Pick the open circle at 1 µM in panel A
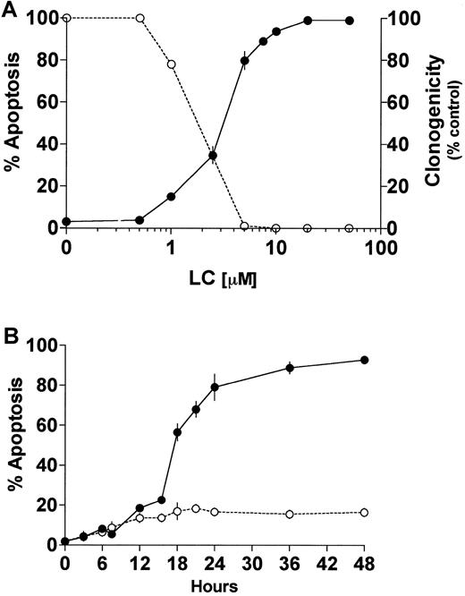[x=171, y=64]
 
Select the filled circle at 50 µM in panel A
[x=350, y=20]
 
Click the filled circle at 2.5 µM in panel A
[x=213, y=156]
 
